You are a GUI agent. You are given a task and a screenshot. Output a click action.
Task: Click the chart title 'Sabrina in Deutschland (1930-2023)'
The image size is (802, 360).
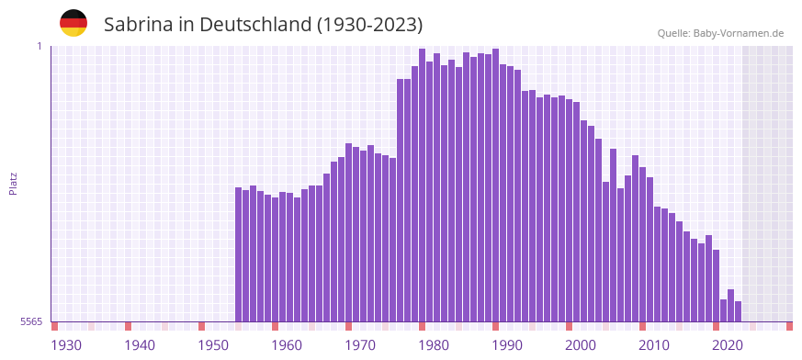[x=263, y=25]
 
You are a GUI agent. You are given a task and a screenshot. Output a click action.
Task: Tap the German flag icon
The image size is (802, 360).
[x=73, y=23]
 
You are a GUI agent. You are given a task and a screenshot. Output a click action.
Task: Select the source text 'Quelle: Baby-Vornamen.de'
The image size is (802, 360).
[x=720, y=33]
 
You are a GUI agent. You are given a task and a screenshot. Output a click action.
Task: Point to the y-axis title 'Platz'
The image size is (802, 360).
[x=13, y=183]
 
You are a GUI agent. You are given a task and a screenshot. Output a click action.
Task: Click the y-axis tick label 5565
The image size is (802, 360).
[x=31, y=321]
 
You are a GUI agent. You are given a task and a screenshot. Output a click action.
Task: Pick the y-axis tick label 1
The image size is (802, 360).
[x=39, y=46]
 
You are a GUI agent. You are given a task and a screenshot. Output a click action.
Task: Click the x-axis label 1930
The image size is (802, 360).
[x=66, y=344]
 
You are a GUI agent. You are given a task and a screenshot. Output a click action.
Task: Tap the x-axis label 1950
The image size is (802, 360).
[x=213, y=344]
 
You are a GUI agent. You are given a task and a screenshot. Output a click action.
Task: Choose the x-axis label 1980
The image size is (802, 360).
[x=434, y=344]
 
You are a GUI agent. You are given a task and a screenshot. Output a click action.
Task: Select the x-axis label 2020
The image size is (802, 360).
[x=728, y=344]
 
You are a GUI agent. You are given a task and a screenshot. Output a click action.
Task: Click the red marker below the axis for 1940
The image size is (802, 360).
[x=129, y=326]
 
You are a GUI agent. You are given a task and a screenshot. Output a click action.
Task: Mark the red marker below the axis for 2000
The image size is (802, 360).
[x=570, y=326]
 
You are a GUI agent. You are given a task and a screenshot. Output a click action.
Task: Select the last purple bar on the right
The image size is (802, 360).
[x=738, y=311]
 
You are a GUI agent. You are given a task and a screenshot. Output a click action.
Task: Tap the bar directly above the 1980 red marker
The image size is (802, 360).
[x=423, y=185]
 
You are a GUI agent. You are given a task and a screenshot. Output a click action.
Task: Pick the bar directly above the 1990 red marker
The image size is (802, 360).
[x=496, y=185]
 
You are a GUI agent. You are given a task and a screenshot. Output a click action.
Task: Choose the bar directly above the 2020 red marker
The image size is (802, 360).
[x=717, y=286]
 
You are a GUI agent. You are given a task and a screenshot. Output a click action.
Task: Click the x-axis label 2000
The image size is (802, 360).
[x=581, y=344]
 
